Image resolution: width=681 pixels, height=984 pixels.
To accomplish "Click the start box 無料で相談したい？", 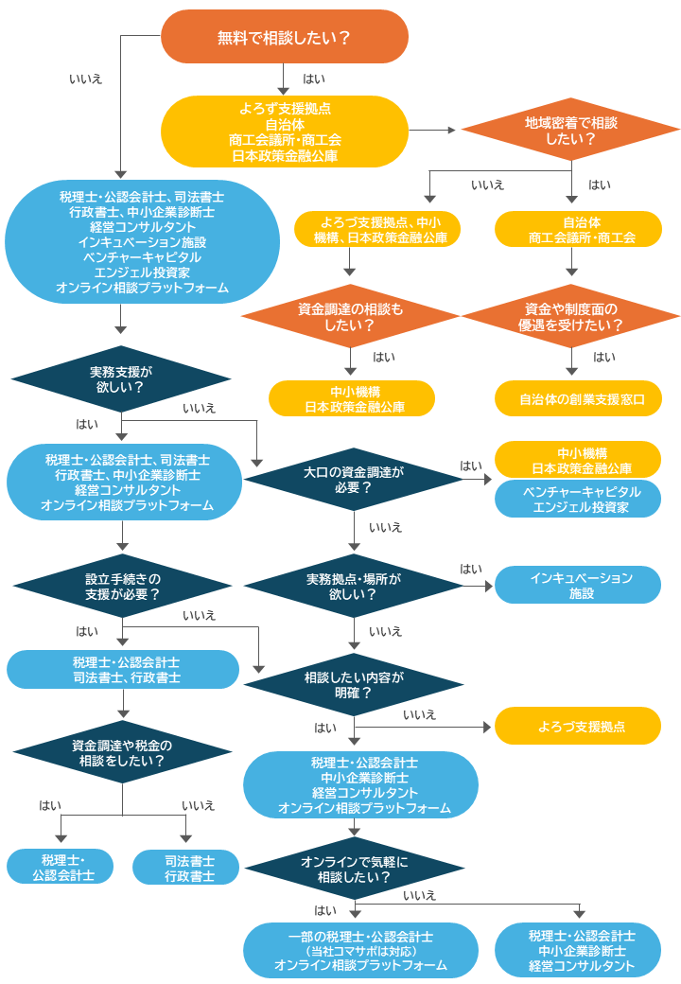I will point(284,37).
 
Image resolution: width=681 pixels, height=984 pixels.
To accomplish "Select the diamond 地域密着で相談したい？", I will point(570,131).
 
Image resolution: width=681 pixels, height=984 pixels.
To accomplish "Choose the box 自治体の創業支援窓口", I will point(578,399).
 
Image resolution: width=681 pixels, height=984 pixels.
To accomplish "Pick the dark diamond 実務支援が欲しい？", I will point(121,378).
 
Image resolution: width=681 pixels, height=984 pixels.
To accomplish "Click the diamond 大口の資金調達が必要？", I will point(353,479).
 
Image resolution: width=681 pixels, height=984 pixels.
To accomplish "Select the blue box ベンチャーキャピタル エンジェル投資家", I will point(578,500).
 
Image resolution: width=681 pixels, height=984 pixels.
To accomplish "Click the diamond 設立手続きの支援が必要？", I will point(121,587).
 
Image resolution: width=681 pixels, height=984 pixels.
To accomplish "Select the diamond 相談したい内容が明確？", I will point(353,685).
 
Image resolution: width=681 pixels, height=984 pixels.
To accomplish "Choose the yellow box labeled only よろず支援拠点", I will point(578,726).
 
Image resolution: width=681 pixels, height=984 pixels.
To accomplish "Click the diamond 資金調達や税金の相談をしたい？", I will point(121,752).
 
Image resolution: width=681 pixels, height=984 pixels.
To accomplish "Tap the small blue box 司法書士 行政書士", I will point(186,868).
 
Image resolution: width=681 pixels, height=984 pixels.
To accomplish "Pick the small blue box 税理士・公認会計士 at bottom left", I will point(61,868).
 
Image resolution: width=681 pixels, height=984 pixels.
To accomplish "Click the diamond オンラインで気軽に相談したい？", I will point(353,869).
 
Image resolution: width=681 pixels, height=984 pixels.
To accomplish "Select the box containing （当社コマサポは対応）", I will point(360,950).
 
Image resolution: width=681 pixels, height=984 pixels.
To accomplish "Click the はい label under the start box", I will point(313,79).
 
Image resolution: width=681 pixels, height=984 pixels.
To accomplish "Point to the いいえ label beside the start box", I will point(86,79).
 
